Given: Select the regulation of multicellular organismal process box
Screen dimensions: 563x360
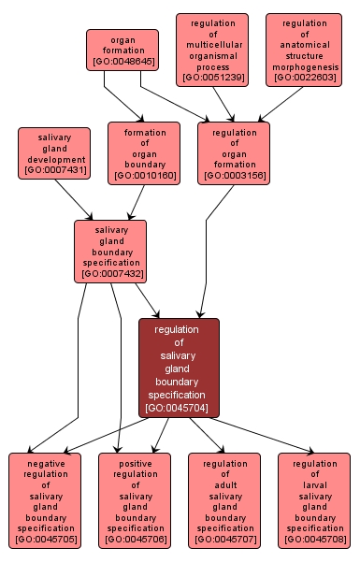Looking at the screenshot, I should click(x=212, y=50).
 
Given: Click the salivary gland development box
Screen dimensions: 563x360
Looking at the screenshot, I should click(x=54, y=152).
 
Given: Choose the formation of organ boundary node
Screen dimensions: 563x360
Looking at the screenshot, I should click(x=143, y=152).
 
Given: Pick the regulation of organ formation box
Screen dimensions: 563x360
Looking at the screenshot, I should click(x=234, y=152).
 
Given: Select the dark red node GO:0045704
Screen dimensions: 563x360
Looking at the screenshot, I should click(x=179, y=368).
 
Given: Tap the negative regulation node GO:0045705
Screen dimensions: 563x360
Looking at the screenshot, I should click(x=45, y=501).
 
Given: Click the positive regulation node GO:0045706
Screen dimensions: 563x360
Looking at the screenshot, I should click(x=135, y=501).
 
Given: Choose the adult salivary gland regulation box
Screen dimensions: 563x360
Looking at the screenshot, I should click(x=224, y=501).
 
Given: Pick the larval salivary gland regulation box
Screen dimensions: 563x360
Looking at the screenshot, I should click(x=314, y=501).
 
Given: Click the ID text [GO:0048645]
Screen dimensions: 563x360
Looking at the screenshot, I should click(x=122, y=63).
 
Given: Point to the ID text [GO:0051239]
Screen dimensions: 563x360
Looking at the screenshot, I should click(x=212, y=77).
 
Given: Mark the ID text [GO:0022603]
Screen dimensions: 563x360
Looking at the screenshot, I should click(x=303, y=77).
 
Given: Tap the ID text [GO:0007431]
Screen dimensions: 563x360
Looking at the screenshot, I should click(x=54, y=170).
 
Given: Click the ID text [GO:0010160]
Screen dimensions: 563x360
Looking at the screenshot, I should click(x=143, y=176).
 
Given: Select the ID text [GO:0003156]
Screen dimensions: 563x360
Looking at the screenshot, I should click(x=234, y=176).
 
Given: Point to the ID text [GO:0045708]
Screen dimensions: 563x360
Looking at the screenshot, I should click(x=314, y=540).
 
